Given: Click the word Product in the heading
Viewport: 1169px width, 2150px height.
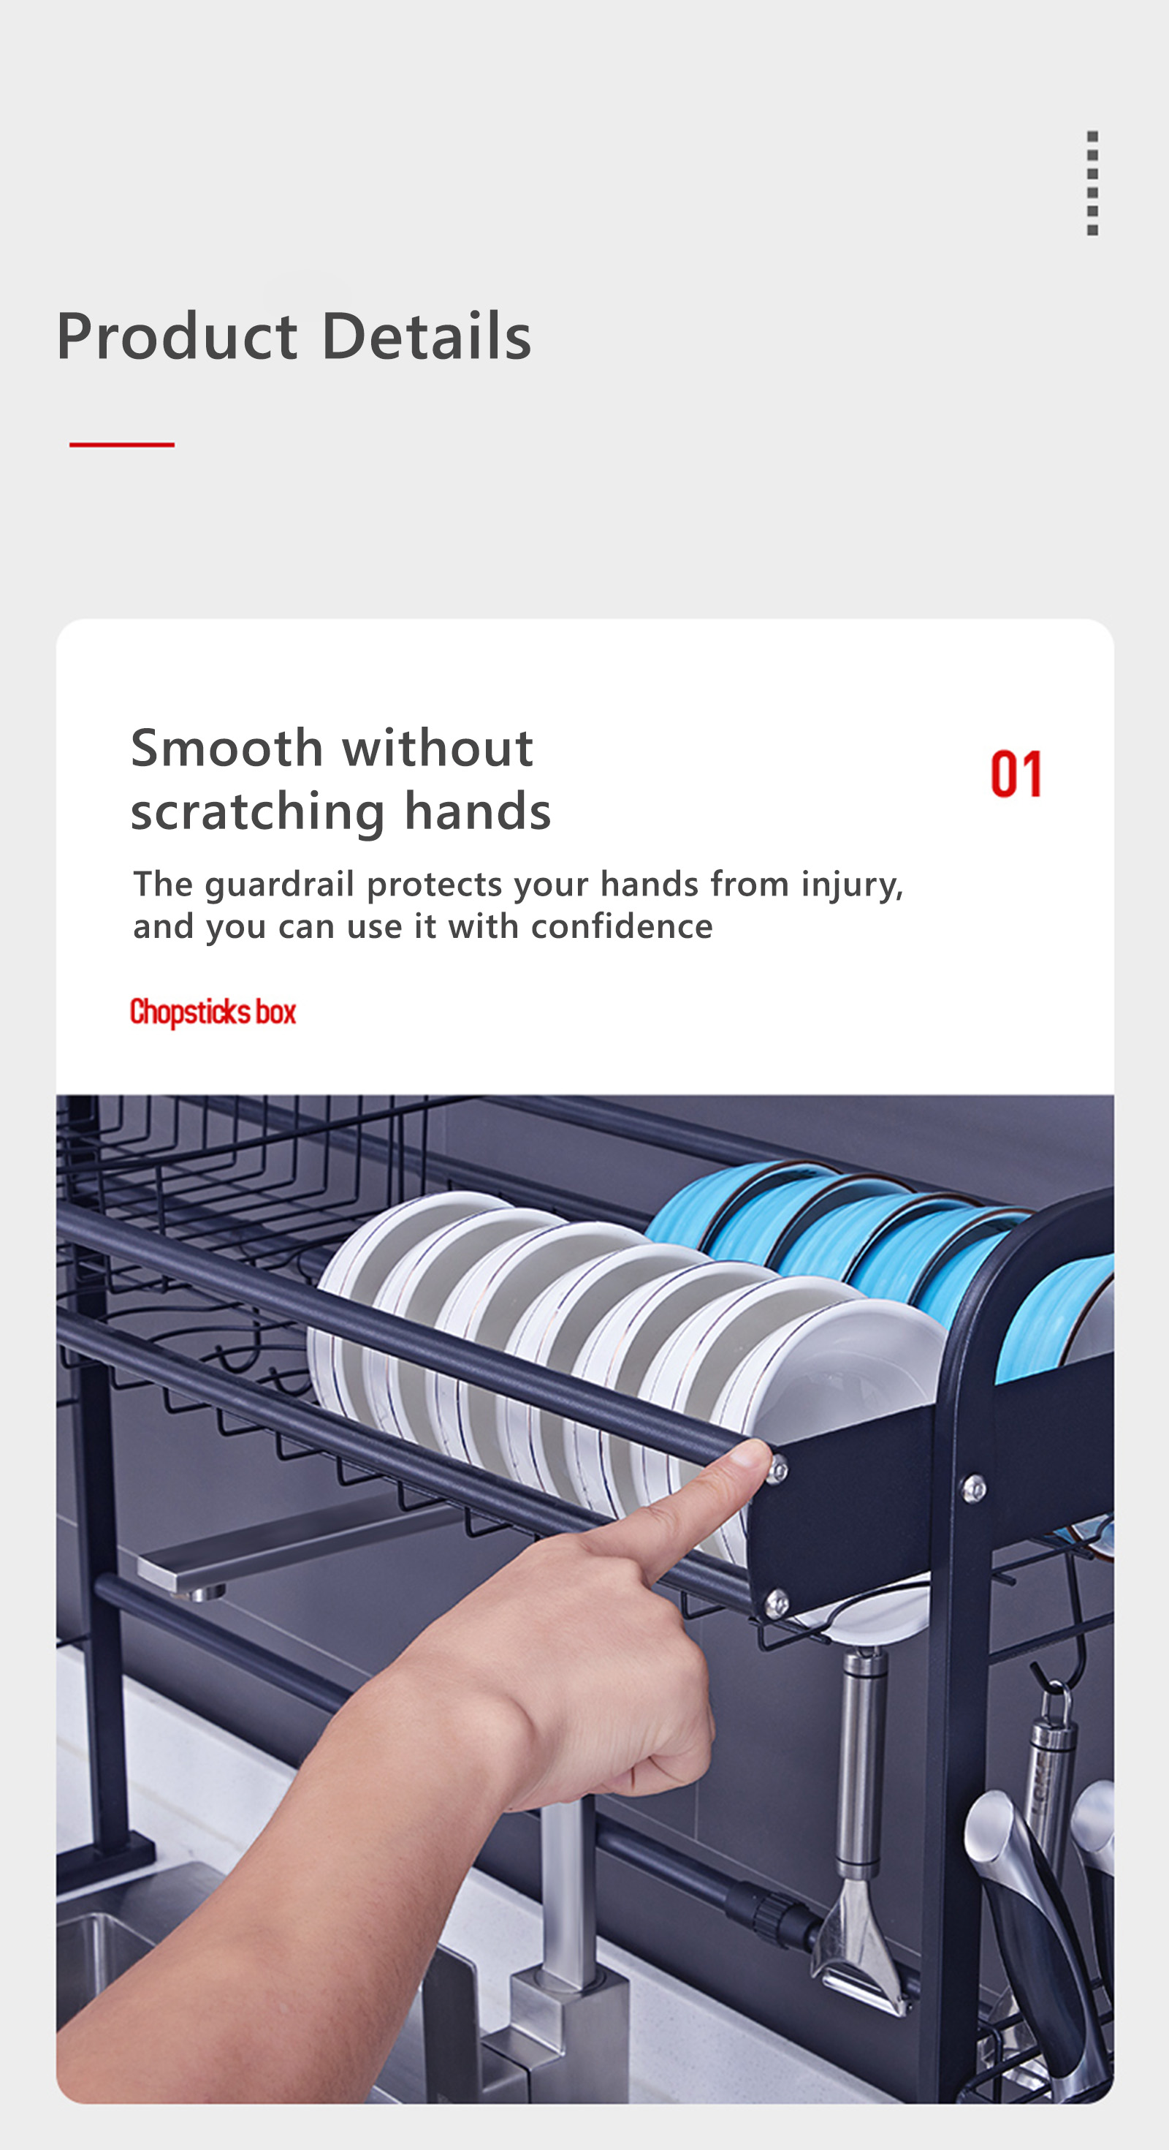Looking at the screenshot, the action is click(x=177, y=336).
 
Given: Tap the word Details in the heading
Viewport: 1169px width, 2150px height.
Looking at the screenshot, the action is click(x=427, y=336).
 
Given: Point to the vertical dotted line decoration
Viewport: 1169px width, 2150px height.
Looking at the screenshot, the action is click(x=1092, y=183).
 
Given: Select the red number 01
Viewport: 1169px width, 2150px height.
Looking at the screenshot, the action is click(x=1016, y=773).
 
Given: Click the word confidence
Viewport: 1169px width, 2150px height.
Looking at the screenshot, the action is click(x=622, y=926).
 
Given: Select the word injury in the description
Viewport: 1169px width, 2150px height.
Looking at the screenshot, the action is click(x=851, y=885).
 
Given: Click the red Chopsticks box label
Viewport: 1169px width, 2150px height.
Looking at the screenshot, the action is click(x=213, y=1012).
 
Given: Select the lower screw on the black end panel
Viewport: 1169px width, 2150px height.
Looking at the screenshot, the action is click(x=777, y=1602).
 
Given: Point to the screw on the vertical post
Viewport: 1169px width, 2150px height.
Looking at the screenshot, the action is click(x=974, y=1488).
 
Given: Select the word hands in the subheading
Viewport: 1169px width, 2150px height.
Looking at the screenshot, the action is click(x=477, y=812).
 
